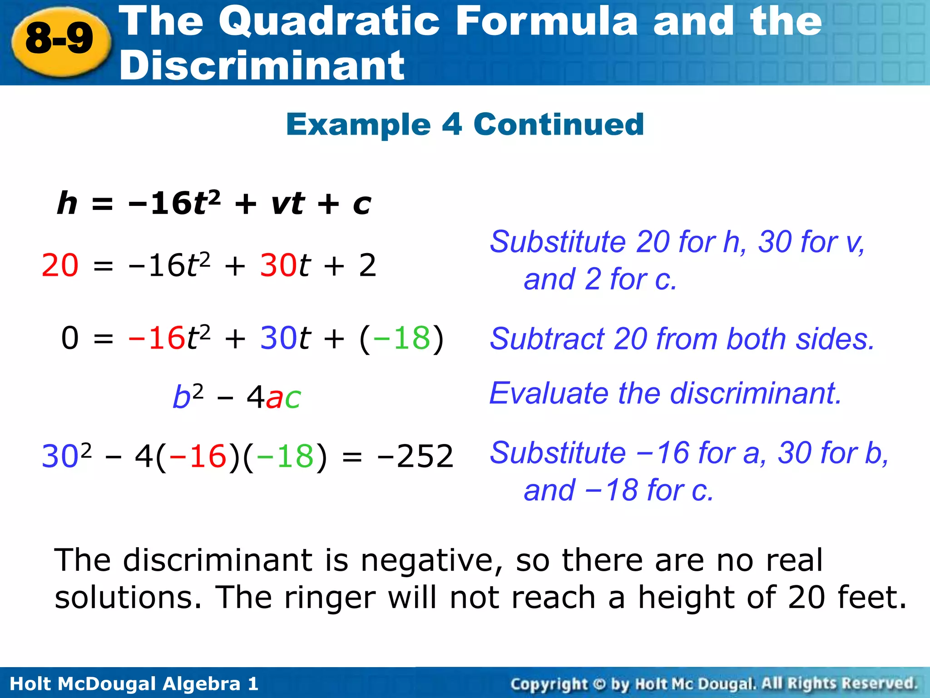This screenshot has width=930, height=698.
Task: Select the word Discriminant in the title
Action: click(262, 66)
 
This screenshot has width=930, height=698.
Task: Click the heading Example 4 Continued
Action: click(465, 124)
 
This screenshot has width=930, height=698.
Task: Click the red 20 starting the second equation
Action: click(60, 265)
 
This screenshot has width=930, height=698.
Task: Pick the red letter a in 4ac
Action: click(274, 398)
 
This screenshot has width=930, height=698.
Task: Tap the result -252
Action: click(415, 456)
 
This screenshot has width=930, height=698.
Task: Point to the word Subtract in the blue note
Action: click(547, 339)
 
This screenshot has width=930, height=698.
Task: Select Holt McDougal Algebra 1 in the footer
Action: click(134, 683)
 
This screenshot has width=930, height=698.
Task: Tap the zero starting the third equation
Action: click(70, 339)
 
